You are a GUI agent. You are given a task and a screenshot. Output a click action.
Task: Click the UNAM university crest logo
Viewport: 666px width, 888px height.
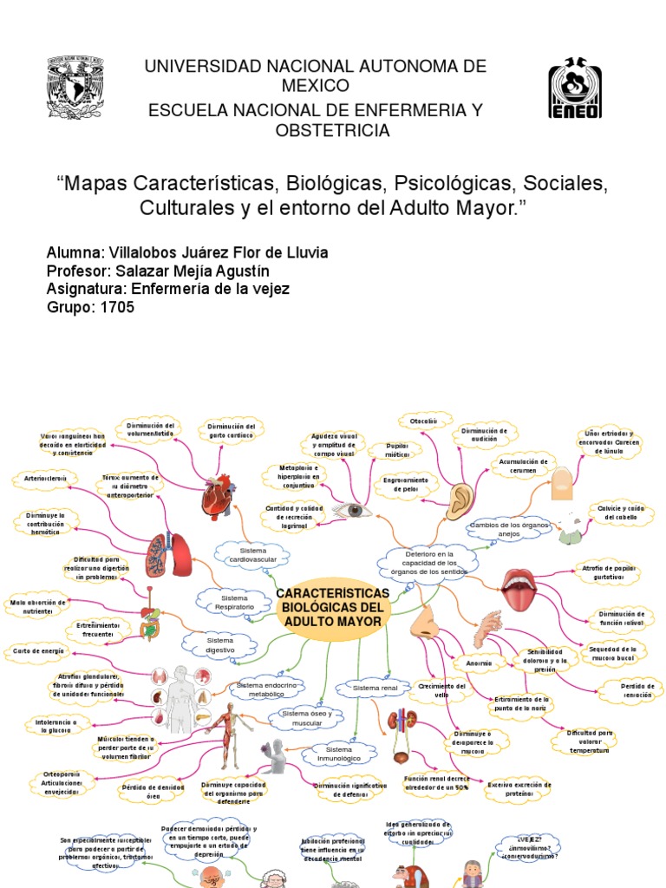pyautogui.click(x=79, y=88)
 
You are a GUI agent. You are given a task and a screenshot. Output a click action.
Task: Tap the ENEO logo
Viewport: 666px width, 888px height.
pyautogui.click(x=574, y=88)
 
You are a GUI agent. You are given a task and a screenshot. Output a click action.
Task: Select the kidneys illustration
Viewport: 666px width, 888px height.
pyautogui.click(x=402, y=724)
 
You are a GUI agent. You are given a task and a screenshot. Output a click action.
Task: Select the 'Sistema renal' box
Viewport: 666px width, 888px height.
pyautogui.click(x=375, y=688)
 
